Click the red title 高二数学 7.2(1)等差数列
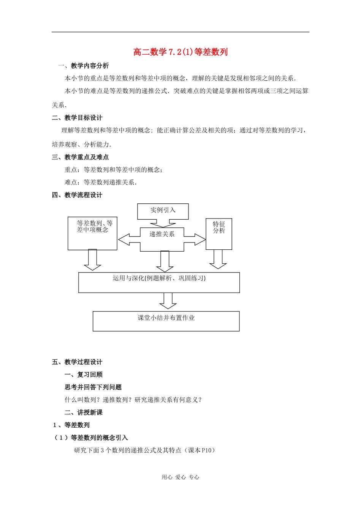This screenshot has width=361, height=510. coord(180,52)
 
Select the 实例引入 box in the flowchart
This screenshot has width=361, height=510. coord(163,211)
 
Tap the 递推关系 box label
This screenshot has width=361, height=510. coord(162,235)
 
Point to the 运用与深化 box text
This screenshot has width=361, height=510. coord(159,279)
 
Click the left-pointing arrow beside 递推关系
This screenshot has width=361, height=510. coord(129,239)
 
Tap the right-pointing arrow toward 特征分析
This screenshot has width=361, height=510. coord(195,239)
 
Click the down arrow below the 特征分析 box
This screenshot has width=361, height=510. coord(218,260)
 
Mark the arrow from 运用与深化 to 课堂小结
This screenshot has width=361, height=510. coord(168,301)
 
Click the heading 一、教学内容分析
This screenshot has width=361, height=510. coord(83,66)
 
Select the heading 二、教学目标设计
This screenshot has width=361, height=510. coord(77,118)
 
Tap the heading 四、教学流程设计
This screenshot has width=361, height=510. coord(77,195)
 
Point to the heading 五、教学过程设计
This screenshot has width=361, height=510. coord(77,362)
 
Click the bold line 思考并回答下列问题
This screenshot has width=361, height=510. coord(93,387)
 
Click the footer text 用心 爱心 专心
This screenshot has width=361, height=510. coord(180,477)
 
